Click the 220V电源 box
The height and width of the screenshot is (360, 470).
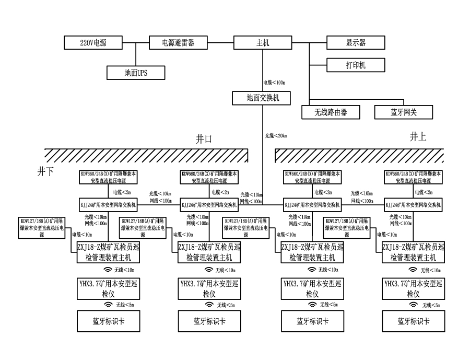coord(92,43)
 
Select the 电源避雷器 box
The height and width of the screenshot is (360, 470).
coord(178,43)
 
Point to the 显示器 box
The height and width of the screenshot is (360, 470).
coord(355,43)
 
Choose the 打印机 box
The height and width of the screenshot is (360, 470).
coord(355,65)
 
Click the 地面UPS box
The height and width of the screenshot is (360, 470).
coord(136,72)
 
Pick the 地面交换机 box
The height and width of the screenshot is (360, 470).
coord(261,97)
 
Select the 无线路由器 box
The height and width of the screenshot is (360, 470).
coord(331,112)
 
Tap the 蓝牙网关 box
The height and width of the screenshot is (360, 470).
coord(404,112)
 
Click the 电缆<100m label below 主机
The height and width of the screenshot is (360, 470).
coord(275,83)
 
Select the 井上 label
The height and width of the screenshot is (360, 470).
coord(418,137)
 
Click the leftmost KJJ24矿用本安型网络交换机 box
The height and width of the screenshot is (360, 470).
coord(108,205)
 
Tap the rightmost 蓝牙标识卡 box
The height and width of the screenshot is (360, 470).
coord(413,321)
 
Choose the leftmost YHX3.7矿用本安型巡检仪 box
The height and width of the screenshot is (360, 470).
coord(108,288)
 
